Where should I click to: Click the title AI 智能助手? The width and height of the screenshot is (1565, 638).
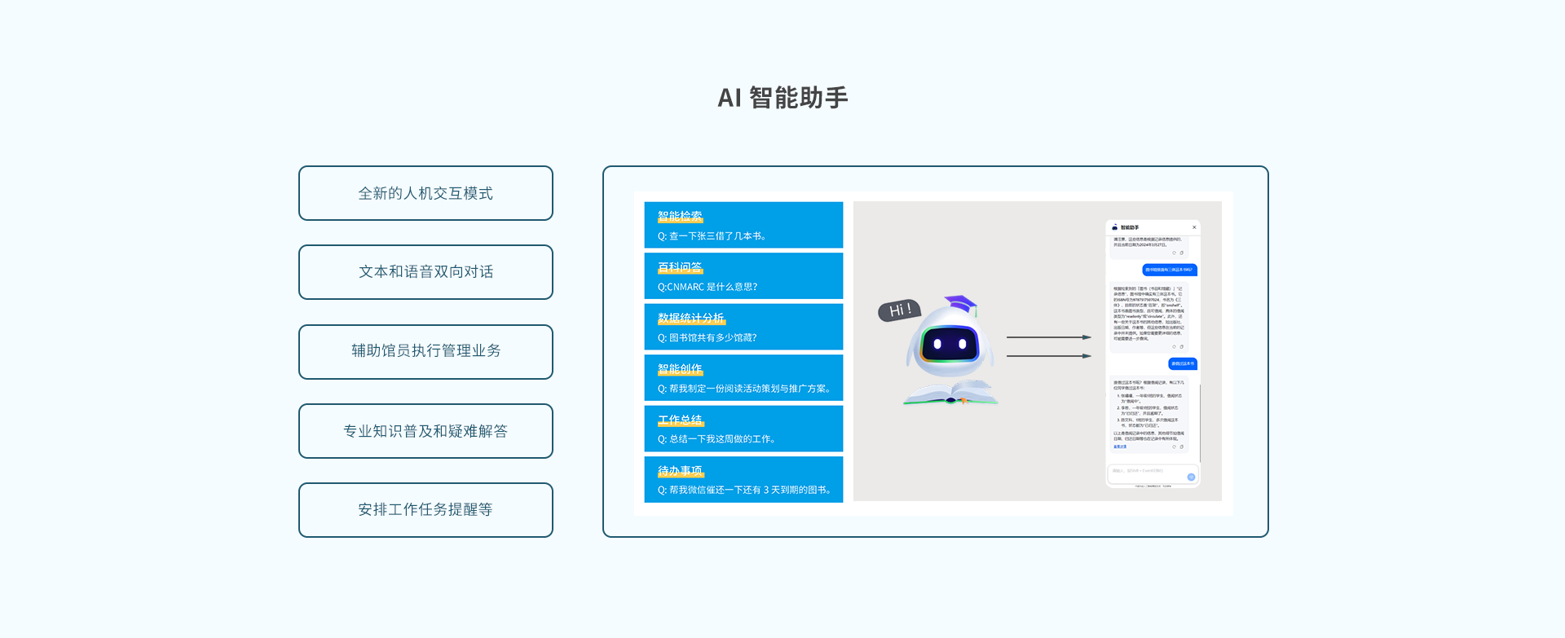point(782,98)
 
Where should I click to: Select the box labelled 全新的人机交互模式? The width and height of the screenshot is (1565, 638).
point(425,193)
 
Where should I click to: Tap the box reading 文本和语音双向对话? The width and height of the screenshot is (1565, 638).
point(425,272)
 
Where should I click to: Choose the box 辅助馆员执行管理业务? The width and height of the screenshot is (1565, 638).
point(425,351)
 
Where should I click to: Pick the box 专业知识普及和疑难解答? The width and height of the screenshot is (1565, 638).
point(425,431)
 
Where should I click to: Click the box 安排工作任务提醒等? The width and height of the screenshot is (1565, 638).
point(425,510)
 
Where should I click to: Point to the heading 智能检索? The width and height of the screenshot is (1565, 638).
point(680,217)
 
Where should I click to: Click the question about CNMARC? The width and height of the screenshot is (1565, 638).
point(708,287)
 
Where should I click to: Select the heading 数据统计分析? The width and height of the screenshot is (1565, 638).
point(690,319)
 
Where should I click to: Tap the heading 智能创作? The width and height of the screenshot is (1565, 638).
point(680,369)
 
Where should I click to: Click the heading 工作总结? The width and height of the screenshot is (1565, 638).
point(680,420)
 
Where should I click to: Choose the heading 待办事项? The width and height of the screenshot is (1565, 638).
point(680,471)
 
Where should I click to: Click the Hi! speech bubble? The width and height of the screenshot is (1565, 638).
point(899,310)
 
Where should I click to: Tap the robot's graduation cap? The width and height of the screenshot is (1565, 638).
point(961,304)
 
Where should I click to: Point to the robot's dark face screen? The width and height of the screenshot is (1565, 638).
point(950,344)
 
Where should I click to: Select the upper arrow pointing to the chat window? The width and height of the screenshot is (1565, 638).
point(1048,337)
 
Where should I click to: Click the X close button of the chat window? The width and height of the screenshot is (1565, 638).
point(1194,227)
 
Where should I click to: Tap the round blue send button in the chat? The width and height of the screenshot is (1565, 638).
point(1191,477)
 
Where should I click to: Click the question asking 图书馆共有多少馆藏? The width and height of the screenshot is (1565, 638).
point(707,337)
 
